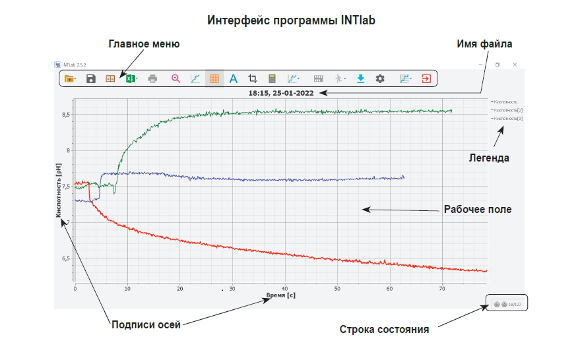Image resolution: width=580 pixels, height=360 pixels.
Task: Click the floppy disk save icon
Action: point(91,78)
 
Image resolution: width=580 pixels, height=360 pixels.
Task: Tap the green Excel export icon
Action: point(131,78)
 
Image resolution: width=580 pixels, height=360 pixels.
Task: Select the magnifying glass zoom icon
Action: point(176,78)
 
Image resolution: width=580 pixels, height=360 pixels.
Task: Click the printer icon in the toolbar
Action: point(153,78)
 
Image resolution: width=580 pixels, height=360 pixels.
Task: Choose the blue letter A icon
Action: point(233,78)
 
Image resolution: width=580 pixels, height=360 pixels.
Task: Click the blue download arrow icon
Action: point(360,78)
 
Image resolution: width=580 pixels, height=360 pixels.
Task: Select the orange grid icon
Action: point(214,78)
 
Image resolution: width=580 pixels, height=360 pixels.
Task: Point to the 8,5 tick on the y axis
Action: point(65,115)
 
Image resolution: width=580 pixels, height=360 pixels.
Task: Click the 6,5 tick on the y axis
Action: point(65,258)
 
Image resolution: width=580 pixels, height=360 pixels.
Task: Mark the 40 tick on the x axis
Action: point(284,289)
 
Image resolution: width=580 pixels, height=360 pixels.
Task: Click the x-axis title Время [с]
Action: point(280,295)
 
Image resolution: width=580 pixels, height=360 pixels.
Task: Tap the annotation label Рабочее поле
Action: point(478,210)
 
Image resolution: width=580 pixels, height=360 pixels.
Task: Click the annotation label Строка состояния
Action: point(385,329)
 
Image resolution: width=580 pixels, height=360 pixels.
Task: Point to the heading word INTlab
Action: point(357,20)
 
